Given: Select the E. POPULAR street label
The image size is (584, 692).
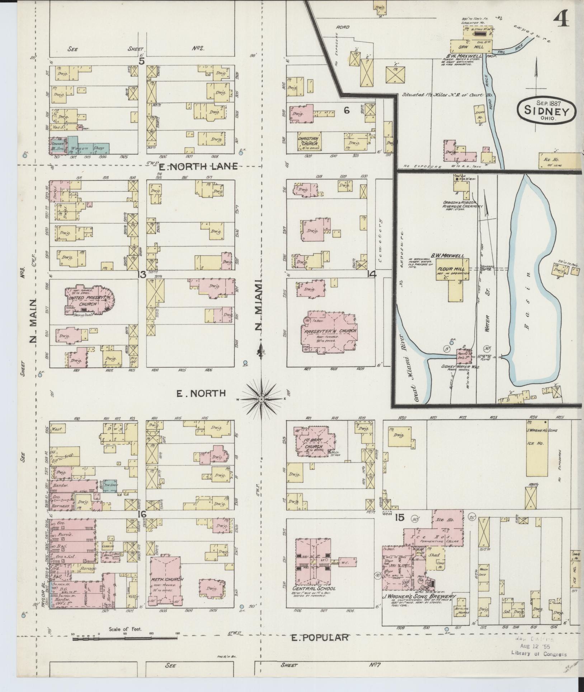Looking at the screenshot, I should coord(319,637).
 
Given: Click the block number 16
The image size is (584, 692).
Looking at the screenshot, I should coord(142,514).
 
